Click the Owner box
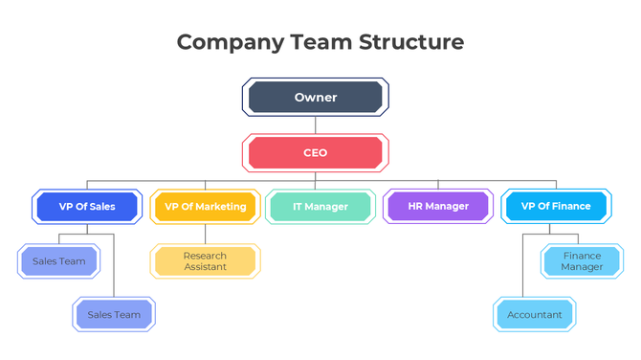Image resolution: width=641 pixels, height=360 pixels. [315, 98]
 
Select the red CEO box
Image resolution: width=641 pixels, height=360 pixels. [315, 153]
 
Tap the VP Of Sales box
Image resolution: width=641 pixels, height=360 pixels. [87, 207]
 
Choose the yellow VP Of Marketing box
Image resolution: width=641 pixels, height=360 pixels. [205, 207]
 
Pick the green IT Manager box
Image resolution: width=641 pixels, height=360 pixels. [320, 207]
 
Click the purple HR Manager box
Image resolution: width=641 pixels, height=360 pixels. [438, 207]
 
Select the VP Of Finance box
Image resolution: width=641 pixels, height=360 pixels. [556, 207]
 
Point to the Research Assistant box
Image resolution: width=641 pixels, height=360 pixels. [205, 261]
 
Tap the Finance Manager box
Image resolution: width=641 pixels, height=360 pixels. [582, 261]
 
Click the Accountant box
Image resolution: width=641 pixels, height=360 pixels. [534, 315]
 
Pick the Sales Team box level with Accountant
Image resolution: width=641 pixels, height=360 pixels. [114, 315]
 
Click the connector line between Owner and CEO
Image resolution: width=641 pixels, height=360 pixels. [315, 125]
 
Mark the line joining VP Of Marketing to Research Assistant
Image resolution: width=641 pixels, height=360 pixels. [205, 234]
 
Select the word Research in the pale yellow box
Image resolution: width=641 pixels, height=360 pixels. [205, 256]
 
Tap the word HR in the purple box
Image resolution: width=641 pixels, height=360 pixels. [415, 207]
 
